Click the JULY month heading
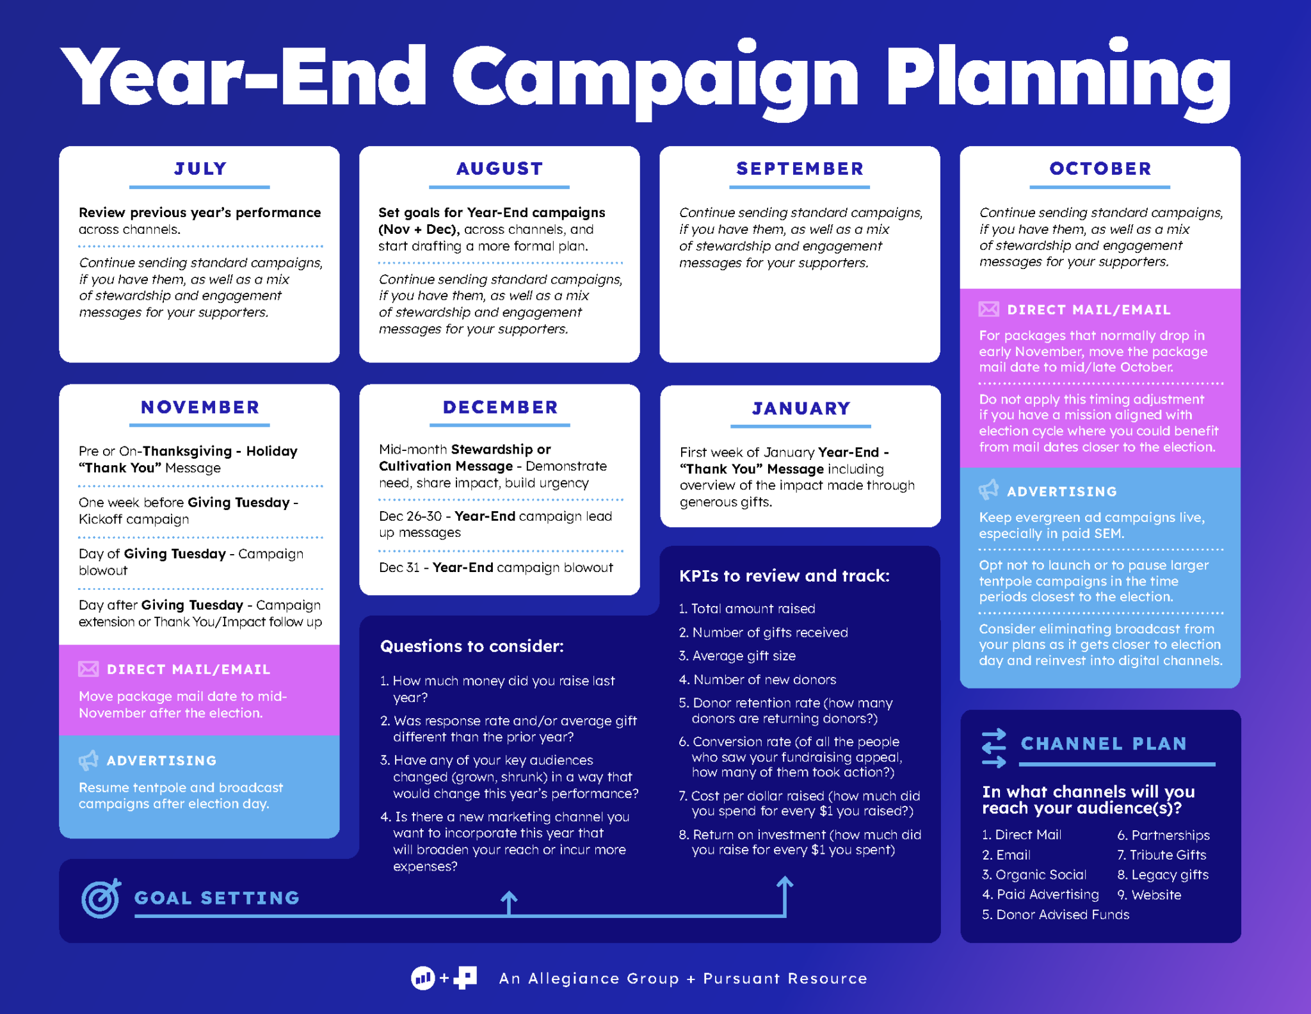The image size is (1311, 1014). [x=200, y=168]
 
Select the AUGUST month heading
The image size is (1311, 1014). [x=499, y=168]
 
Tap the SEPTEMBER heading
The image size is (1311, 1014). [x=800, y=168]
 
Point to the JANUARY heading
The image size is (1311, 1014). [x=801, y=408]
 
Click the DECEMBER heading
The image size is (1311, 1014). [x=500, y=407]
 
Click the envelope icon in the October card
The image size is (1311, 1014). [x=988, y=309]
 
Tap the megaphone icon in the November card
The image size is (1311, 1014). [x=88, y=760]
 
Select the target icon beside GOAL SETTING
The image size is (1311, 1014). [x=101, y=898]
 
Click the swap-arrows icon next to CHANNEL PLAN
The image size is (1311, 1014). [x=993, y=748]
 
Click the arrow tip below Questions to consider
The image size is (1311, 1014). [x=509, y=895]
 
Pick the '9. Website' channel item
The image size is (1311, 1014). [x=1149, y=895]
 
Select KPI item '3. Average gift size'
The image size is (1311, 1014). [x=737, y=656]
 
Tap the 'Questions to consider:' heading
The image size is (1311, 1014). [x=472, y=646]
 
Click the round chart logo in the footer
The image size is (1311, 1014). [x=422, y=978]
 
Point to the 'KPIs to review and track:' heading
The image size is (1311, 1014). [x=784, y=576]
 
